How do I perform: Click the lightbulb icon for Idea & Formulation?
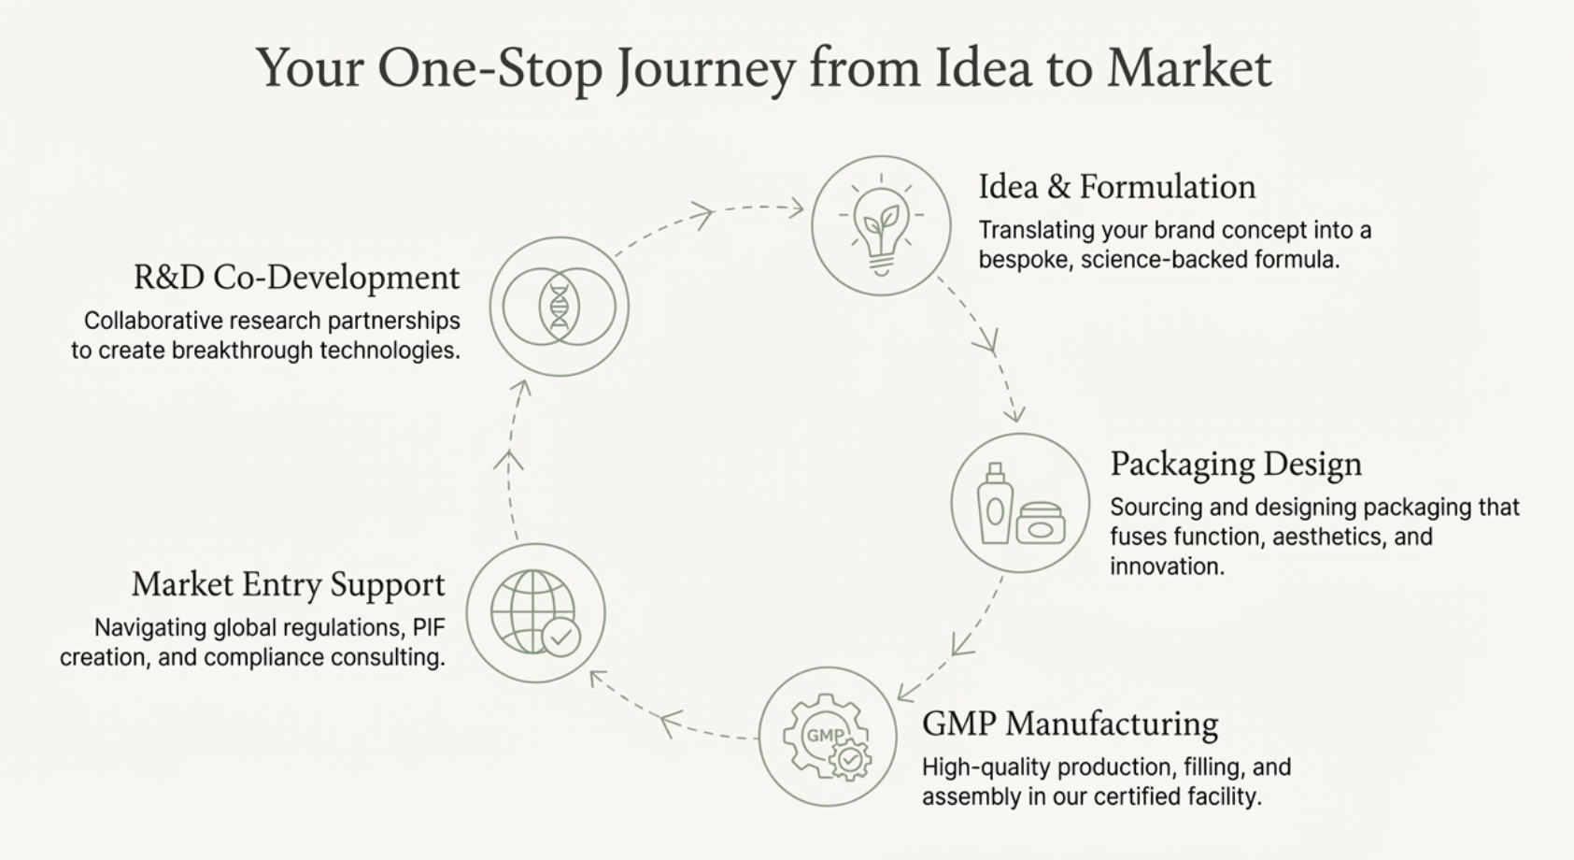coord(881,226)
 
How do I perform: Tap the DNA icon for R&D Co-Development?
coord(559,307)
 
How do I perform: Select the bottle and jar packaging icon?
coord(1020,504)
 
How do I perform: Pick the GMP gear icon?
coord(827,737)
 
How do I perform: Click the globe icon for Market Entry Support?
coord(535,613)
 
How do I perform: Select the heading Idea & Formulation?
coord(1116,187)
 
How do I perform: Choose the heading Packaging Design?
coord(1235,464)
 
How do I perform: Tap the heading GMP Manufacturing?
coord(1070,724)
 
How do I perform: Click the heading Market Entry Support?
coord(288,584)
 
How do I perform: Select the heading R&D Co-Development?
coord(296,278)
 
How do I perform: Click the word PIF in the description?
coord(429,627)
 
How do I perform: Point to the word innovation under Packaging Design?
coord(1166,566)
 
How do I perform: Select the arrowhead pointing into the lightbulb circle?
coord(796,208)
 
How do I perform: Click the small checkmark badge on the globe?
coord(560,638)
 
